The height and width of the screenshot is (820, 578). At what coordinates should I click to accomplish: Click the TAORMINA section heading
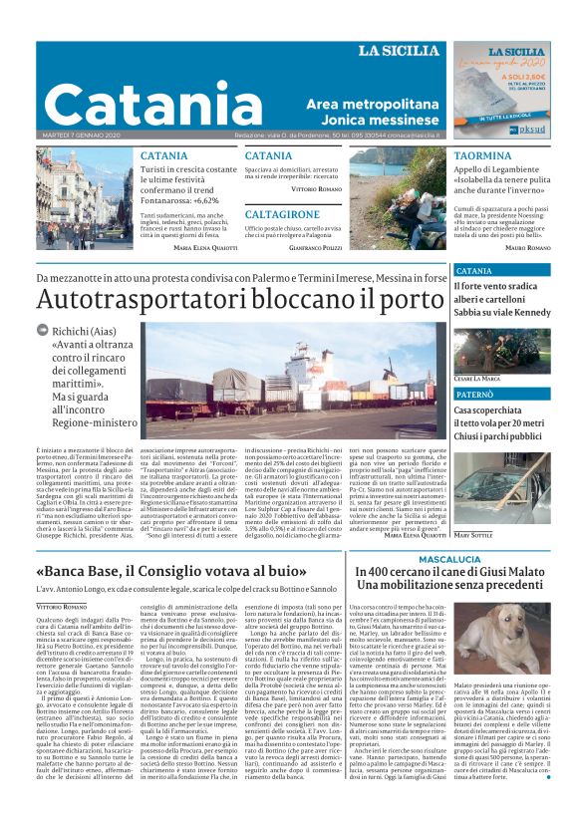[482, 156]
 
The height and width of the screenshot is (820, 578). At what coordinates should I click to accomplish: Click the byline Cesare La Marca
[477, 379]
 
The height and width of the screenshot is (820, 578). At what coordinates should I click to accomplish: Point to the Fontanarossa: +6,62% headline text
[193, 200]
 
